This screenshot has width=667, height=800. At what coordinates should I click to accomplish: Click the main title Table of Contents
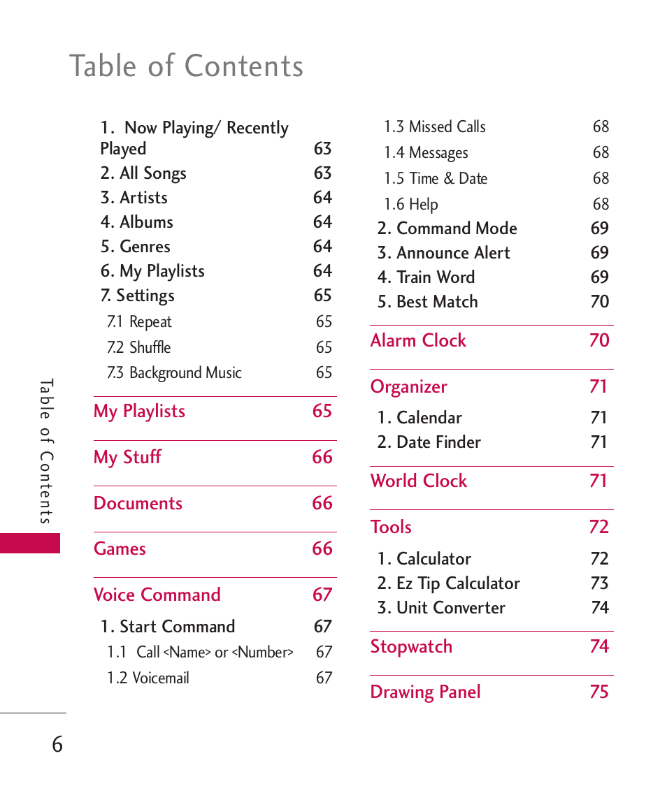coord(187,66)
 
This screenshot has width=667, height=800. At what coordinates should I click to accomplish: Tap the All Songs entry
coord(143,173)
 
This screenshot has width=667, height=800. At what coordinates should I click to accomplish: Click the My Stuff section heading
coord(127,458)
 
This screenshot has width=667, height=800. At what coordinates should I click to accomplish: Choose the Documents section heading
coord(138,504)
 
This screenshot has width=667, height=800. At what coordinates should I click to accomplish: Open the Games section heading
coord(120,549)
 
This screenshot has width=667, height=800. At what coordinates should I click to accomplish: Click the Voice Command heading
coord(157,595)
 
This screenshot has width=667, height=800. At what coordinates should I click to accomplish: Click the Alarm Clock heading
coord(418,341)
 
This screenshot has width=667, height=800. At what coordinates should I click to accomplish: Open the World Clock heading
coord(419,481)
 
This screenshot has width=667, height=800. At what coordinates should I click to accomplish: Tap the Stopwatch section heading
coord(411,647)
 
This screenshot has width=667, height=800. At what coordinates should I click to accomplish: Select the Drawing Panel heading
coord(425,692)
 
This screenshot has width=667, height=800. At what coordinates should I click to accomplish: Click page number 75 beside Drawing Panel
coord(599,692)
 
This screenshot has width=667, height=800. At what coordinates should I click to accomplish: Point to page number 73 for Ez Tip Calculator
coord(599,583)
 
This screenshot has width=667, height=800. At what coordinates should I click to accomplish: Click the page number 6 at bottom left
coord(57,745)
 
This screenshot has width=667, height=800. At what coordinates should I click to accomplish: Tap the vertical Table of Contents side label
coord(46,451)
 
